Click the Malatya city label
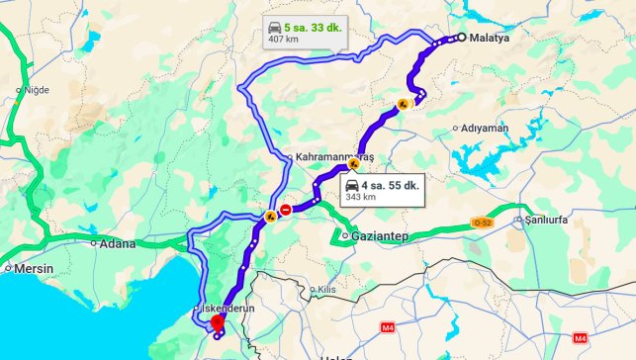click(x=489, y=39)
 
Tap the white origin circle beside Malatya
click(x=461, y=38)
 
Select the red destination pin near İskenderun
click(x=218, y=325)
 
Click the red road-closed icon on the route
click(x=285, y=210)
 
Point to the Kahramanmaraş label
click(x=332, y=157)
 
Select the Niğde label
click(x=35, y=90)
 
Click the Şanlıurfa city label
click(x=546, y=219)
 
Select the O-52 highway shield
click(x=482, y=222)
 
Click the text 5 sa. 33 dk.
click(x=312, y=28)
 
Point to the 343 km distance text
click(x=360, y=197)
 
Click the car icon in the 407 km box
click(x=274, y=28)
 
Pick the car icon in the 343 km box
click(x=352, y=184)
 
